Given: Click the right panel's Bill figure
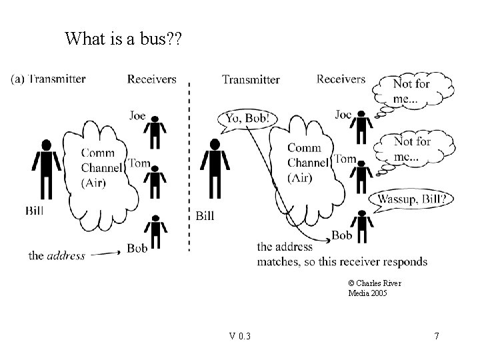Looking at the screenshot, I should point(215,169).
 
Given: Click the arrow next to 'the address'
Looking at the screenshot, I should point(106,253).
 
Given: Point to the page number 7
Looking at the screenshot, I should point(436,335).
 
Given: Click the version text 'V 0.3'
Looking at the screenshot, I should point(239,335).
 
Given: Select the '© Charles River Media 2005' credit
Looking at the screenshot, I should point(374,288).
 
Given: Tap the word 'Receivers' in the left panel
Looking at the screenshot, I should point(152,79).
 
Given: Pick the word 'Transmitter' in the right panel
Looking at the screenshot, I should point(251,80).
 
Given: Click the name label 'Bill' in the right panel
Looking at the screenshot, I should point(205,215).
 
